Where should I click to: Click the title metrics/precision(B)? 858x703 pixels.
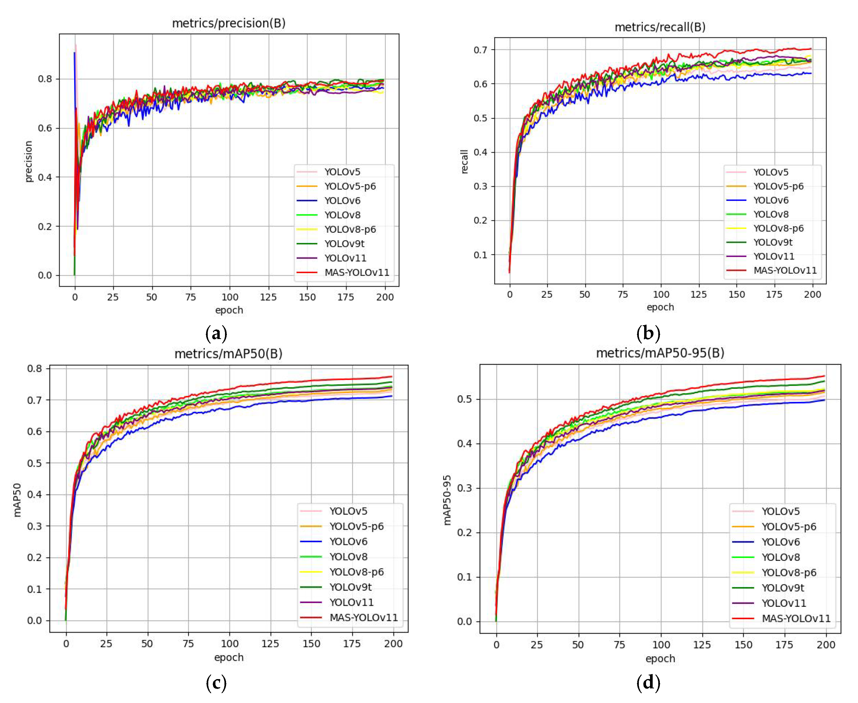click(229, 23)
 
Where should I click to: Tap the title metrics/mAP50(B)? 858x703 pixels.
click(228, 354)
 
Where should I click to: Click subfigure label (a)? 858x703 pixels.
click(216, 334)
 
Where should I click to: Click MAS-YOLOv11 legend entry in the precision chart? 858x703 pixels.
click(356, 273)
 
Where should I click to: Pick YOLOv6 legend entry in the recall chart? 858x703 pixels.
click(771, 200)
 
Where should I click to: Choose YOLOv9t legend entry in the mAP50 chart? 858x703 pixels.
click(350, 587)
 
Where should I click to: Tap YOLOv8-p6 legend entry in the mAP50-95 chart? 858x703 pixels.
click(788, 572)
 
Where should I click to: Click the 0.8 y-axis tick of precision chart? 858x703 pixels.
click(45, 79)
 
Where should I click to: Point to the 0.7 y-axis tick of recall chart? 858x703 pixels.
click(481, 50)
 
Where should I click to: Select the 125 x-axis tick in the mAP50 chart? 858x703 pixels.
click(270, 644)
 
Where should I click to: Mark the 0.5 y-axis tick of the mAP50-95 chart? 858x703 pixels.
click(464, 399)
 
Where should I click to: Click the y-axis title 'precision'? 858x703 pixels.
click(28, 161)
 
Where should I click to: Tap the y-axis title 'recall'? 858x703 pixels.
click(464, 161)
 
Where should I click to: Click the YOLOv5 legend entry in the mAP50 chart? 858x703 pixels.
click(348, 511)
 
